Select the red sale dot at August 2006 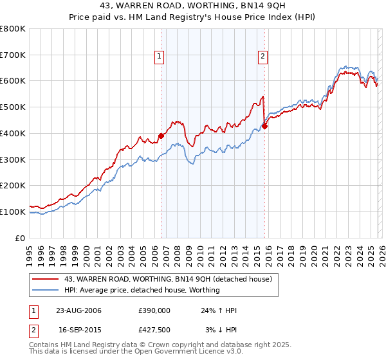click(161, 136)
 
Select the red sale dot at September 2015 click(264, 126)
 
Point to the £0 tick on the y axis click(21, 238)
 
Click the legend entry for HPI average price click(142, 290)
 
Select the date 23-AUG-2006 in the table click(78, 310)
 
